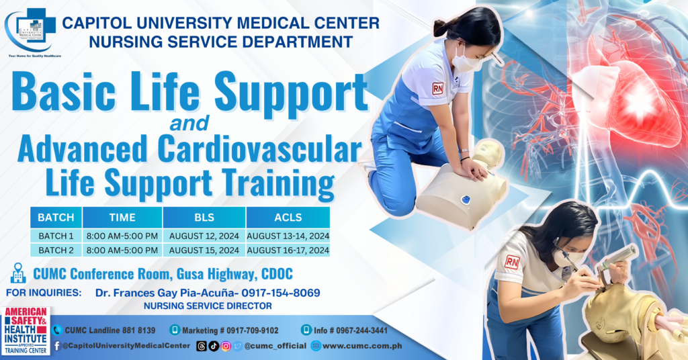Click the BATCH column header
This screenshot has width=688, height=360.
[56, 217]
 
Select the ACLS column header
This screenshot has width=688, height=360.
[288, 217]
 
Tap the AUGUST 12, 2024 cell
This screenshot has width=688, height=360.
[204, 236]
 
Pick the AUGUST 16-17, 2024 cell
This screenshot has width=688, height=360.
[288, 250]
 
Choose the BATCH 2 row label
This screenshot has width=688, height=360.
[56, 250]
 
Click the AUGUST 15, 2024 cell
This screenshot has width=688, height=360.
[204, 250]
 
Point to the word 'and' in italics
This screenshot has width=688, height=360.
[189, 124]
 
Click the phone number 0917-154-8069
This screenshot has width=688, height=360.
[281, 293]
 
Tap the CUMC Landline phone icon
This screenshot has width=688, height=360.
[57, 330]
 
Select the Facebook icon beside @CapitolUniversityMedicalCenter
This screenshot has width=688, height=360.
[57, 346]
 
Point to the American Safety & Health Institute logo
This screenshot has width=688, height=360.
[26, 330]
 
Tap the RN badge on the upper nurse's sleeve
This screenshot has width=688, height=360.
[438, 88]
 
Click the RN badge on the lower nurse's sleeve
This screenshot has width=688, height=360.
[512, 262]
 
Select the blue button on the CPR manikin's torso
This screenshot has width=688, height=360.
[465, 199]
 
